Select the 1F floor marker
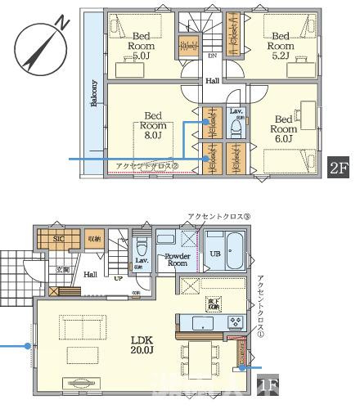click(268, 384)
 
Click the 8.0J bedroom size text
click(153, 137)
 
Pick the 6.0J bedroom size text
click(283, 140)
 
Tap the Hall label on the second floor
click(212, 81)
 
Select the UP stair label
click(119, 277)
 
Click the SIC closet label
click(58, 239)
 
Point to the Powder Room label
click(178, 260)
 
